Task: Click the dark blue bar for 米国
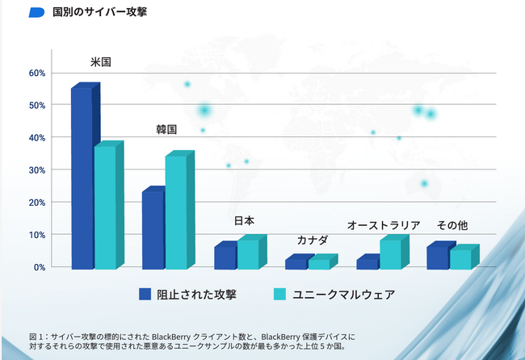82,178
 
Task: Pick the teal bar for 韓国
176,212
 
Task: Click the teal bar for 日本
247,254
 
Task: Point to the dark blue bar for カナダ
296,263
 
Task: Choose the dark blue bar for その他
437,257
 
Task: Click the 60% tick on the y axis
37,73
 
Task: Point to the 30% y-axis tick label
37,170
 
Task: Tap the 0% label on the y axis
40,267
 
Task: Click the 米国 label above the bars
100,61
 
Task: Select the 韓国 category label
166,129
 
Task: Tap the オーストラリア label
384,225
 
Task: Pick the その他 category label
452,225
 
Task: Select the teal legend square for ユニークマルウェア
279,294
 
